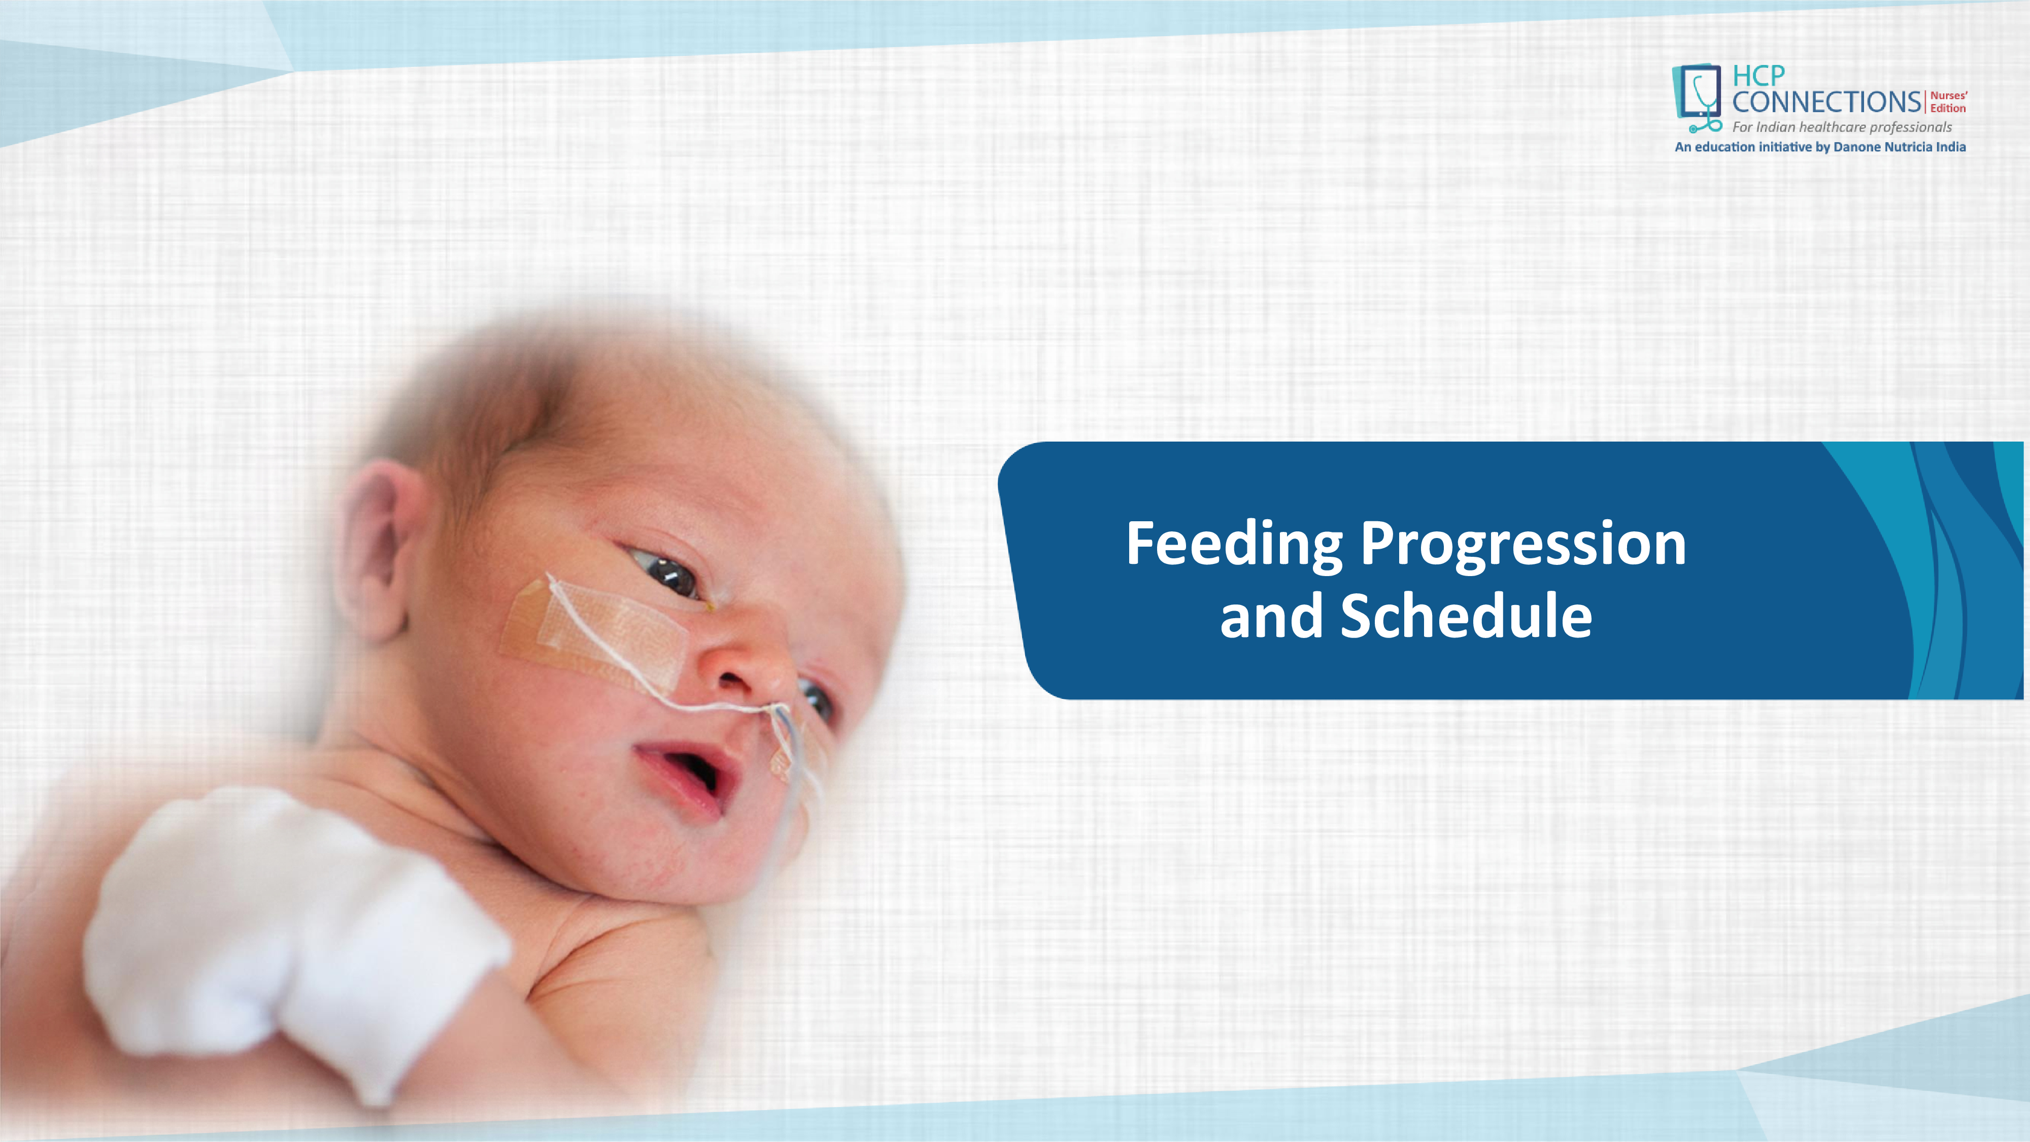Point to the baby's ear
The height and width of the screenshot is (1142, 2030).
tap(377, 548)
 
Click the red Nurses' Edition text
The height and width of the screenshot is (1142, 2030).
tap(1948, 102)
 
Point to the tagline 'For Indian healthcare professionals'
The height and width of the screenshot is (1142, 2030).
tap(1842, 127)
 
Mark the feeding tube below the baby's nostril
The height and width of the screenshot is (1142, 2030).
tap(796, 757)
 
